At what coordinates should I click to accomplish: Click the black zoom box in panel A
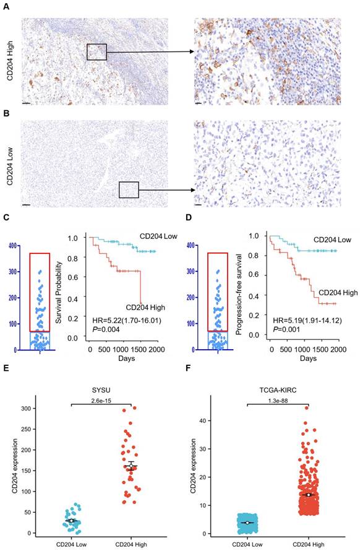(96, 52)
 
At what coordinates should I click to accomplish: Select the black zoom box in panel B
(129, 189)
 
